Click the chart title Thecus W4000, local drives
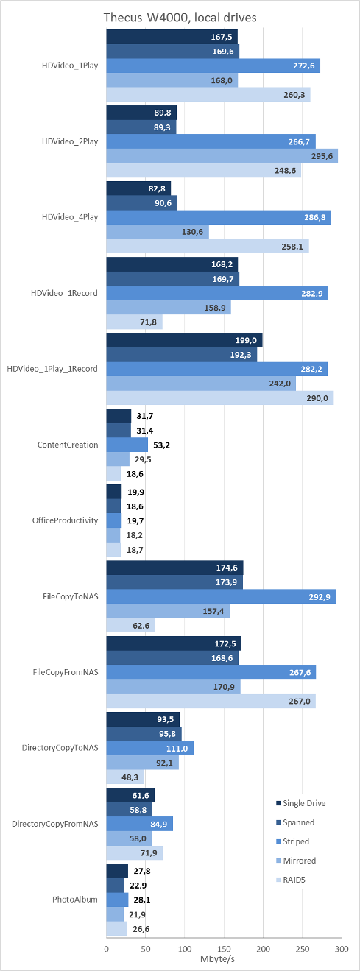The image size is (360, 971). (x=180, y=18)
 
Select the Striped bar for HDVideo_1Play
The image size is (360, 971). (x=213, y=66)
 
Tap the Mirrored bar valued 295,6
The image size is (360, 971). (x=222, y=156)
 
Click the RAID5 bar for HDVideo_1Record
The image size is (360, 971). (x=135, y=322)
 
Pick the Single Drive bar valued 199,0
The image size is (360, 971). (x=184, y=340)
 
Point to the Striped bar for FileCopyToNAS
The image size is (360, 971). (x=221, y=596)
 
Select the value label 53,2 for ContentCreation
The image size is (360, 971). (x=161, y=445)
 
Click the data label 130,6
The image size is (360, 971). (x=192, y=232)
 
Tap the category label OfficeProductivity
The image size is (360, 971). (x=65, y=520)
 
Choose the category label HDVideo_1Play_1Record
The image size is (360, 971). (x=52, y=369)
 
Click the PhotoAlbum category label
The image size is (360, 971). (x=75, y=900)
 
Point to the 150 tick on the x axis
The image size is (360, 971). (x=224, y=949)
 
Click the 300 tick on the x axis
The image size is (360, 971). (x=342, y=949)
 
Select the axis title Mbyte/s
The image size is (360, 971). (x=218, y=958)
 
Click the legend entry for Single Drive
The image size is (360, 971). (x=300, y=803)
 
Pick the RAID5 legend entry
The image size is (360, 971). (x=291, y=880)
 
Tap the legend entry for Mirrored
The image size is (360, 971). (x=296, y=861)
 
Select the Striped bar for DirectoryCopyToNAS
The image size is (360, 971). (x=150, y=748)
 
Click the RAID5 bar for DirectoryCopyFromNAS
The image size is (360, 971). (x=135, y=853)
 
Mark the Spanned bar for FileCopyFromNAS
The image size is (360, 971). (x=172, y=658)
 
